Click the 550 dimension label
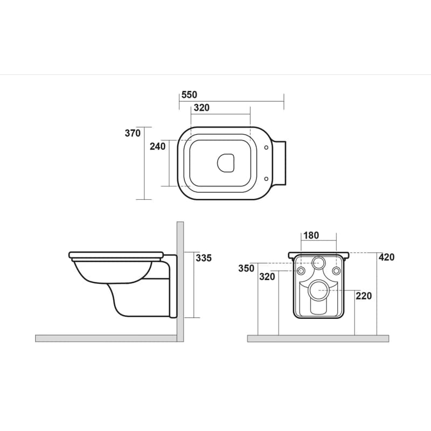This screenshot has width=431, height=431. point(190,95)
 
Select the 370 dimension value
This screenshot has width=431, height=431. point(133,133)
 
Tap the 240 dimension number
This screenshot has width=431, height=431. point(158,147)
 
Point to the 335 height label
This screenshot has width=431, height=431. point(204,258)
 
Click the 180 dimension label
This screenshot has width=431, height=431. point(311,235)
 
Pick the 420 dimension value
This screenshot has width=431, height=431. point(386,258)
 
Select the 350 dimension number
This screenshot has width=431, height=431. point(246,268)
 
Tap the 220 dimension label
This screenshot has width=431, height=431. point(364,296)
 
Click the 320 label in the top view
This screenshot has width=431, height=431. point(201,108)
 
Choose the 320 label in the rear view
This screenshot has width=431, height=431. point(267,277)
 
